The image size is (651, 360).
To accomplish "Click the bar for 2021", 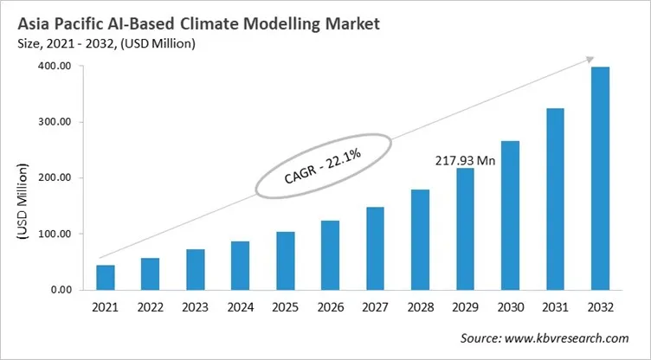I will (x=106, y=277).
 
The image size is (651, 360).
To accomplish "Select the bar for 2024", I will (x=240, y=266).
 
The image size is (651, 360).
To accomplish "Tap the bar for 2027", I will (x=375, y=248).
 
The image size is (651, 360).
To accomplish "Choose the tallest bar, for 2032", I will (x=600, y=178).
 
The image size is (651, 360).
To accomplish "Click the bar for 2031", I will (x=555, y=199).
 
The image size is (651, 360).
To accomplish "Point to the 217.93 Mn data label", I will (x=463, y=160).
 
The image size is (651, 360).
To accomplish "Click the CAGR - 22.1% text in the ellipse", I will (x=322, y=167).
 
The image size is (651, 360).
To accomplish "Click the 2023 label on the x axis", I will (x=195, y=307).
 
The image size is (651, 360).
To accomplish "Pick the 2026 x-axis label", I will (x=330, y=307).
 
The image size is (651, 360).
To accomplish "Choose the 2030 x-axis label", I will (x=510, y=307).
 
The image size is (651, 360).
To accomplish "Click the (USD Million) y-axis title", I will (x=23, y=201).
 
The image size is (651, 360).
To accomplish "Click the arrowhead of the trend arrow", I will (x=589, y=60).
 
